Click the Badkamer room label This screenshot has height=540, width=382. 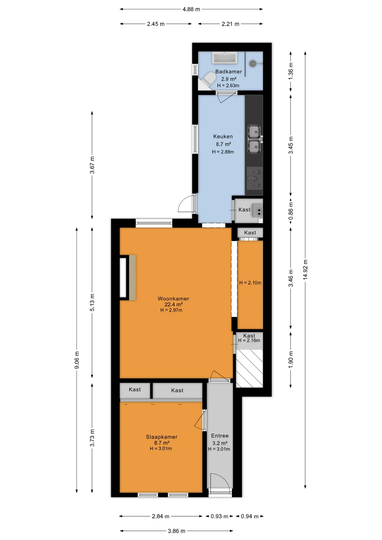[228, 72]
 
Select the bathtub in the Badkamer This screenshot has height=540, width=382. [225, 58]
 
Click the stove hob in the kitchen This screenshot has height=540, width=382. [255, 179]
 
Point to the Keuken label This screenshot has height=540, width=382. [223, 137]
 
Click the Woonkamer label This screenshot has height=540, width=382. [173, 299]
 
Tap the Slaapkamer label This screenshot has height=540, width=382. [162, 437]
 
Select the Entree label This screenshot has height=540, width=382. [220, 436]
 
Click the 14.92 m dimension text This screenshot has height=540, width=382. [305, 270]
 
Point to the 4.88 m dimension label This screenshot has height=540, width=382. [191, 9]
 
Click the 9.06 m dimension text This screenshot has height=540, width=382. [77, 360]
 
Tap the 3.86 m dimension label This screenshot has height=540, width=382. [177, 531]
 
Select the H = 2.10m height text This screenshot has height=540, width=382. [250, 283]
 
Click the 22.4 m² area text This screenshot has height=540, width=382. [174, 305]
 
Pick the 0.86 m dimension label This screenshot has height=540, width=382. [291, 211]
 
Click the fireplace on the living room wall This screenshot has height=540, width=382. [128, 278]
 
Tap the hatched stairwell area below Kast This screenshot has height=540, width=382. [250, 368]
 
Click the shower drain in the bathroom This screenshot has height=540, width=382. [253, 64]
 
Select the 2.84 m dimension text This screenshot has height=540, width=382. [161, 516]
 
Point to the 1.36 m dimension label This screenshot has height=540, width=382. [291, 71]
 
